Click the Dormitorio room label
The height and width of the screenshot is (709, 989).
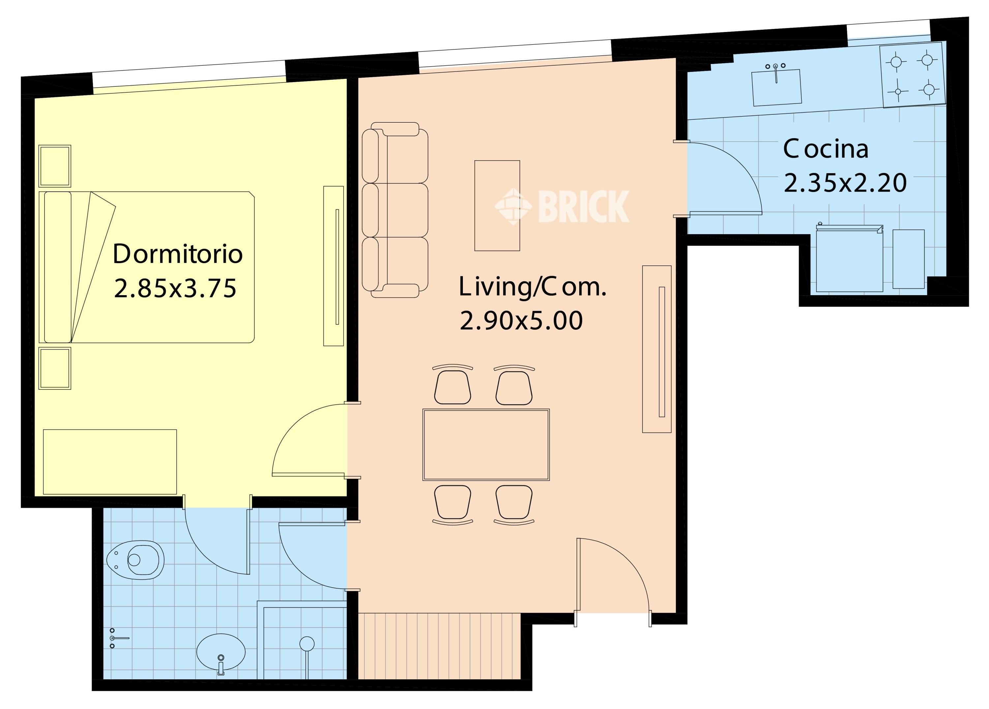pyautogui.click(x=177, y=254)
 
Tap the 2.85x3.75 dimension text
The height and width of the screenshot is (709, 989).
pyautogui.click(x=175, y=289)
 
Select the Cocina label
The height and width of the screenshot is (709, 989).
pyautogui.click(x=826, y=149)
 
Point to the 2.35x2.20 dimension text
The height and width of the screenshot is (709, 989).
pyautogui.click(x=845, y=183)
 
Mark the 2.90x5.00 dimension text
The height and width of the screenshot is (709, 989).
pyautogui.click(x=521, y=321)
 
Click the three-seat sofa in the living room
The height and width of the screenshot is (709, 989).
pyautogui.click(x=395, y=210)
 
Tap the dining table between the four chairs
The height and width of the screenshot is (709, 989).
pyautogui.click(x=486, y=445)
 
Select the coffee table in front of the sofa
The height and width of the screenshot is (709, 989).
pyautogui.click(x=497, y=205)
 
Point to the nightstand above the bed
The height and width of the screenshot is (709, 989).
pyautogui.click(x=55, y=166)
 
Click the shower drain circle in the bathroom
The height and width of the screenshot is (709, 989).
pyautogui.click(x=307, y=643)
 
